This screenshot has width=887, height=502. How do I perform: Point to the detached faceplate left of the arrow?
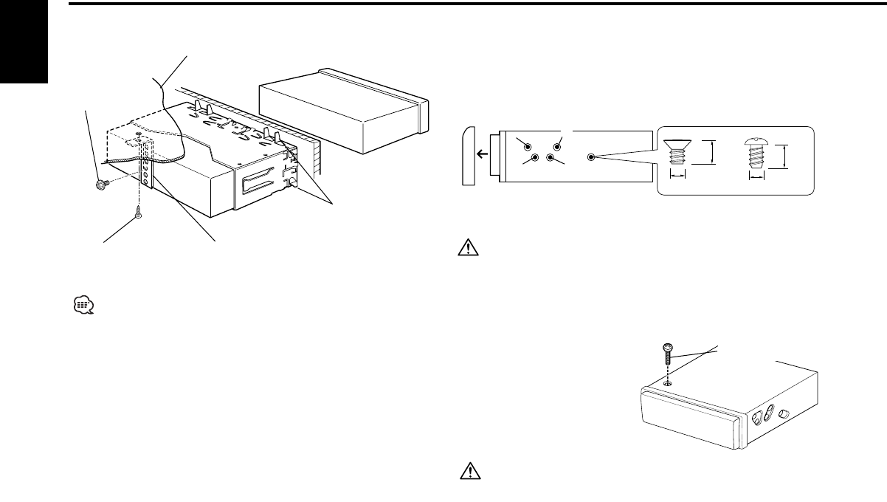click(469, 157)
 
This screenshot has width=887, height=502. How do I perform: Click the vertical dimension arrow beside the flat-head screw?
click(711, 154)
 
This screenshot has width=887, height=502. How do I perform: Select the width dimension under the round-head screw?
click(757, 177)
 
